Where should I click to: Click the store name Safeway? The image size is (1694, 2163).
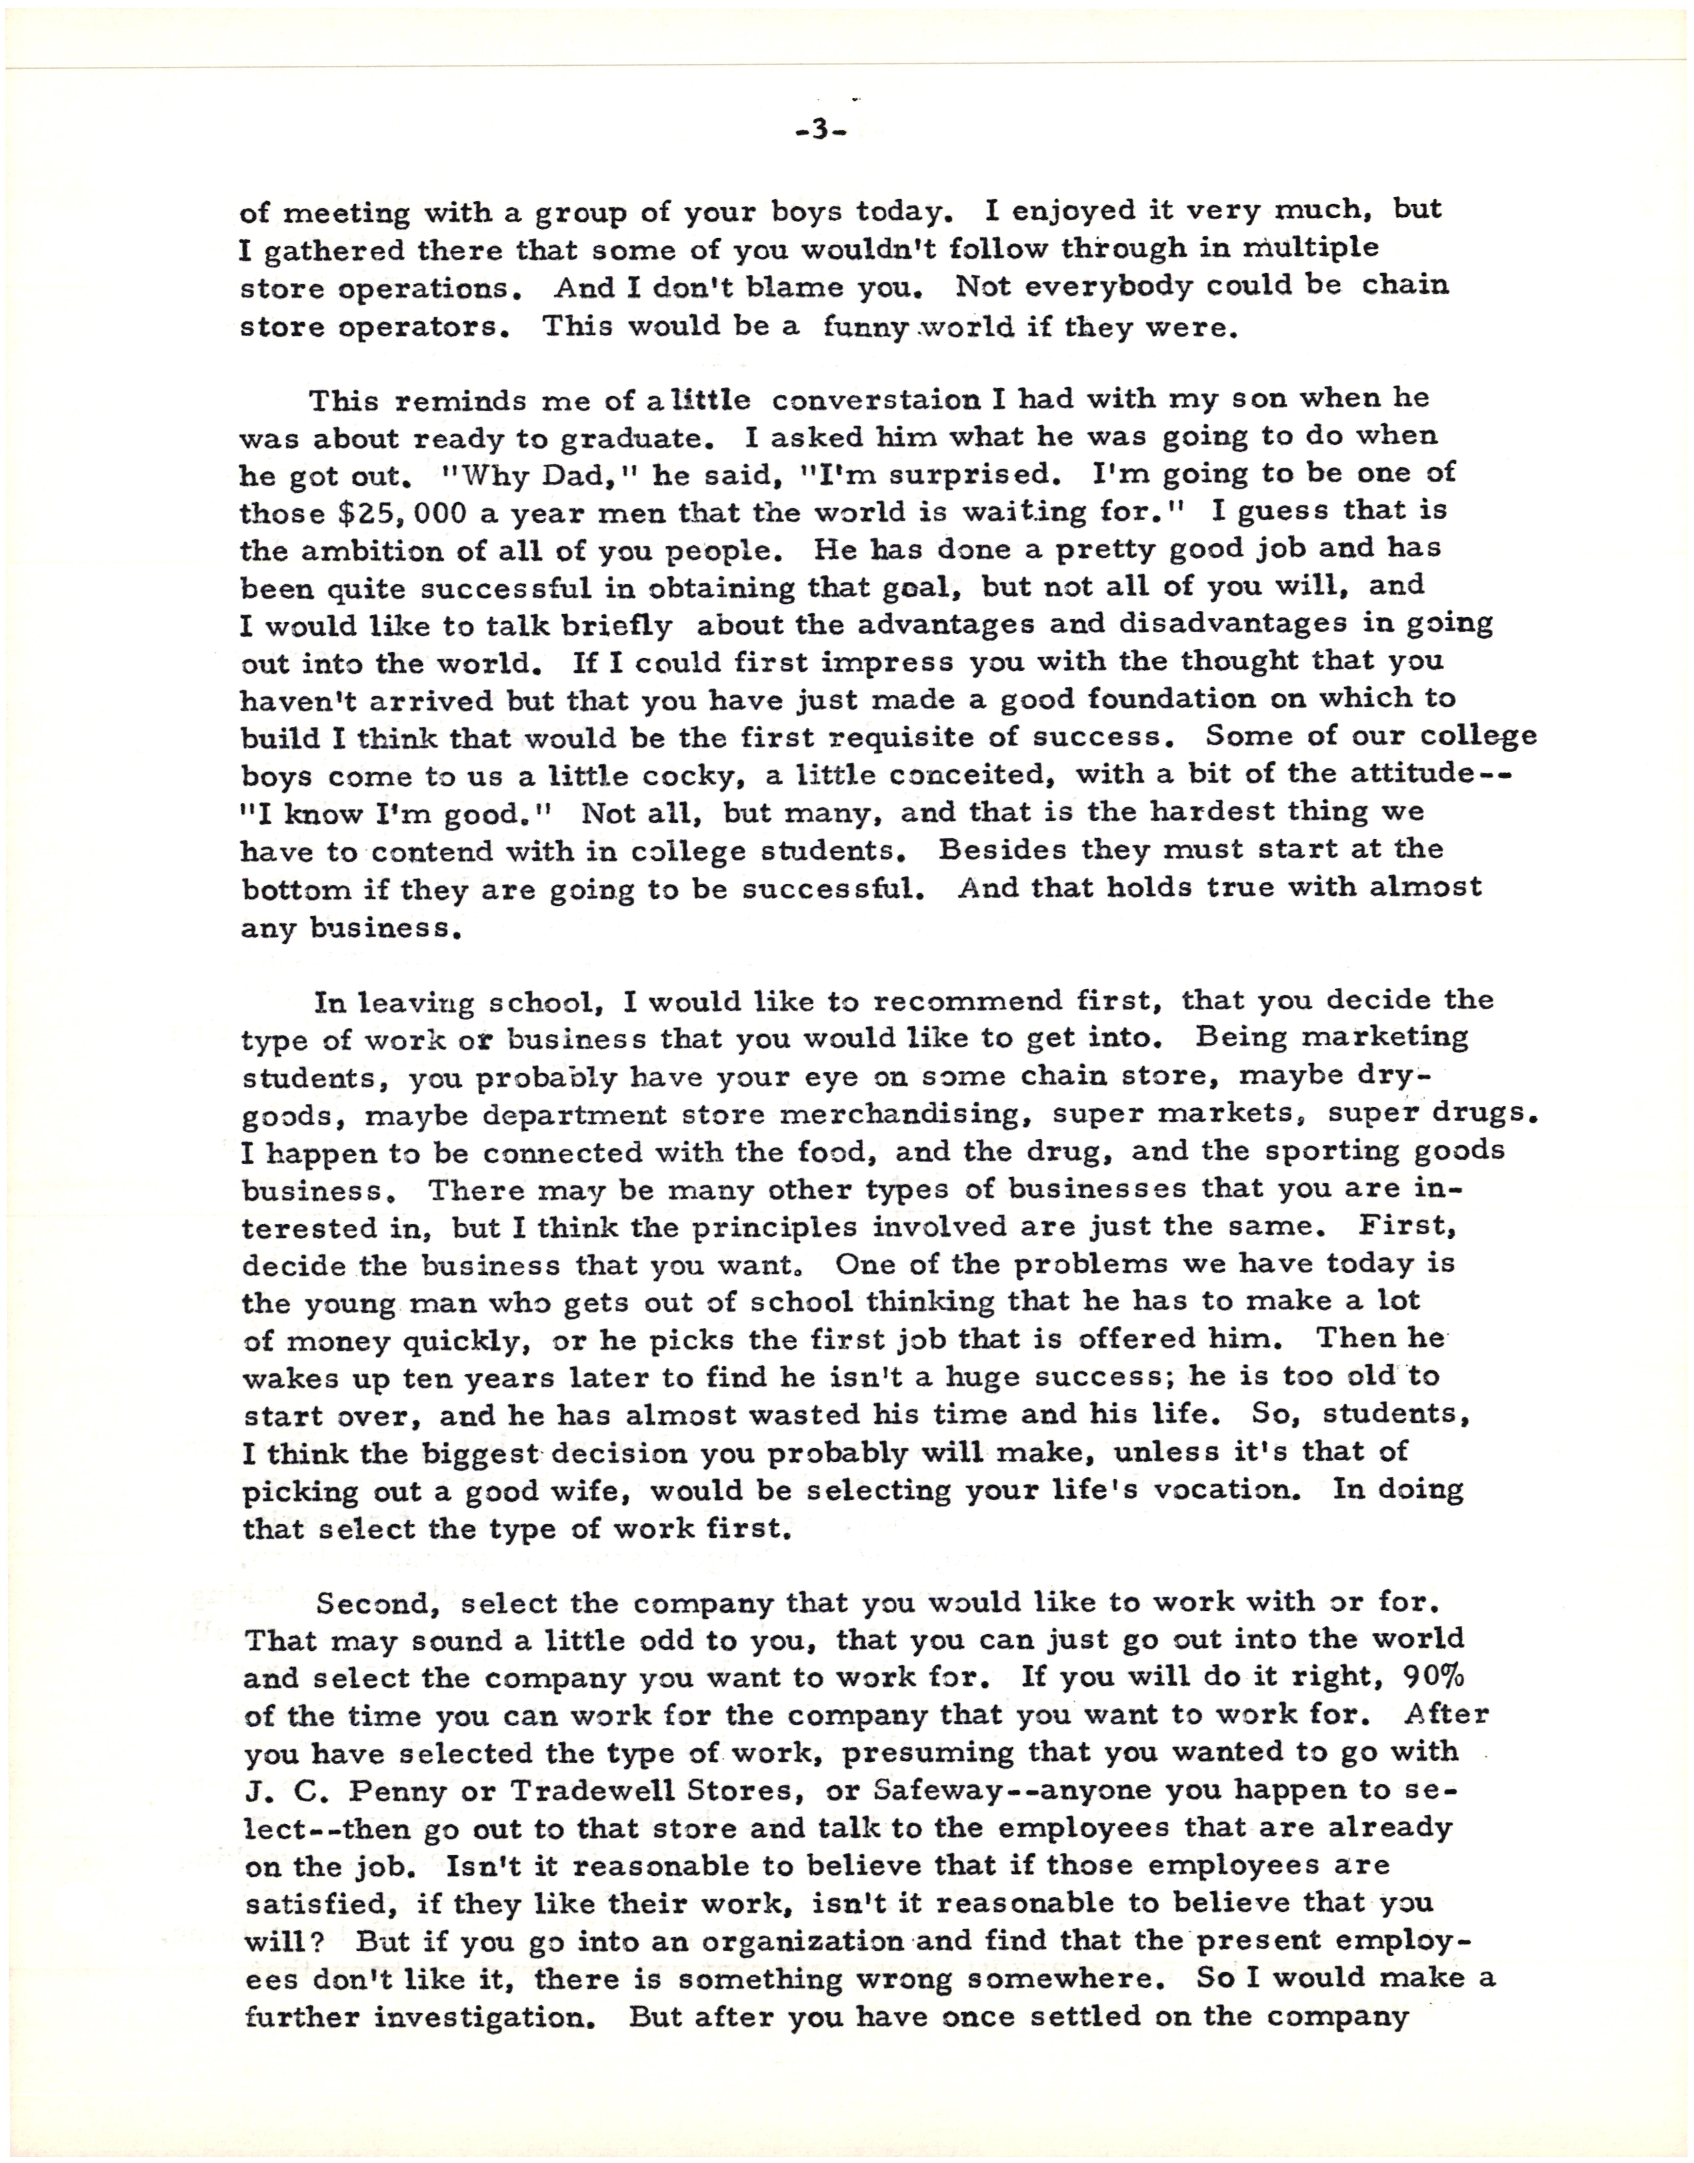pyautogui.click(x=942, y=1790)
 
